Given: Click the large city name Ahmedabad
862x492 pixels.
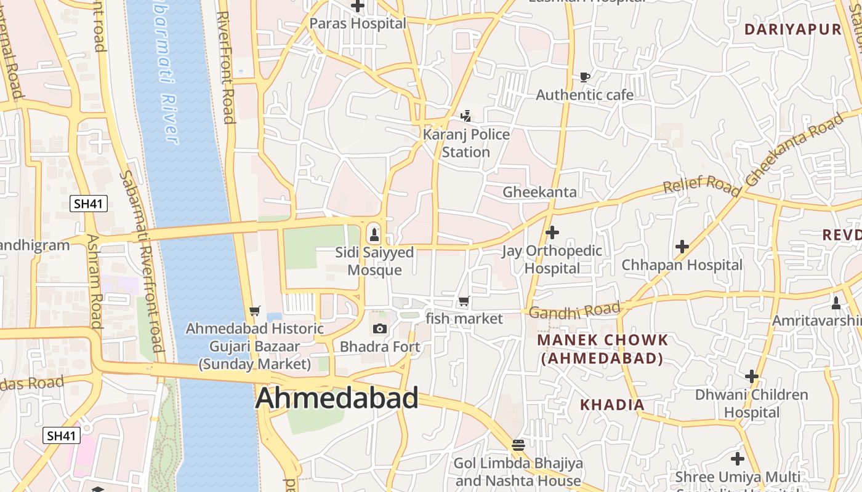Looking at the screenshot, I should pos(337,398).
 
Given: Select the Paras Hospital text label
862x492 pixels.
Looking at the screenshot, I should pos(358,23).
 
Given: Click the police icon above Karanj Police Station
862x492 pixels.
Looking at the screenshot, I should pos(466,115).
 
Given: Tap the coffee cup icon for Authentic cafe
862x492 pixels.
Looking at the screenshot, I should pos(584,77).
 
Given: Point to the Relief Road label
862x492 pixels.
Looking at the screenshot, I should pos(701,184).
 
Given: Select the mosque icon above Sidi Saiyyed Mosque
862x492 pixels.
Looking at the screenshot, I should pos(373,234).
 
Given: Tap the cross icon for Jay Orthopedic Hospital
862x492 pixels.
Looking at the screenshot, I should pos(552,232).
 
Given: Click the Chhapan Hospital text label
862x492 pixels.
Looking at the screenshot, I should pos(682,265).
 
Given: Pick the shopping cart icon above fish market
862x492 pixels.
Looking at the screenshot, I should pos(464,301).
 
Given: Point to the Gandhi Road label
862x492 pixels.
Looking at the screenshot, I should pos(574,311).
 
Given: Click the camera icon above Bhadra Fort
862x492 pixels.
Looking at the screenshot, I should pos(380,328).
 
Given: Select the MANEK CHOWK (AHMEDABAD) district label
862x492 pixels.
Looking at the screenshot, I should pos(602,349).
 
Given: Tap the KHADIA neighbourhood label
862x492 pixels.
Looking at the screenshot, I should pos(613,405).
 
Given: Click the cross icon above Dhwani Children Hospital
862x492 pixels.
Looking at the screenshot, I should pos(751,376).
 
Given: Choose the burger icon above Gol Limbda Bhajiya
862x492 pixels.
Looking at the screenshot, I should pos(518,445).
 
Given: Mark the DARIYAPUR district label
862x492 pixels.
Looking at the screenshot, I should pos(792,29).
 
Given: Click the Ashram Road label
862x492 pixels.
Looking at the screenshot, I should pos(94,281).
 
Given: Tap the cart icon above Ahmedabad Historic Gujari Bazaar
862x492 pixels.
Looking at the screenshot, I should pos(255,311).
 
